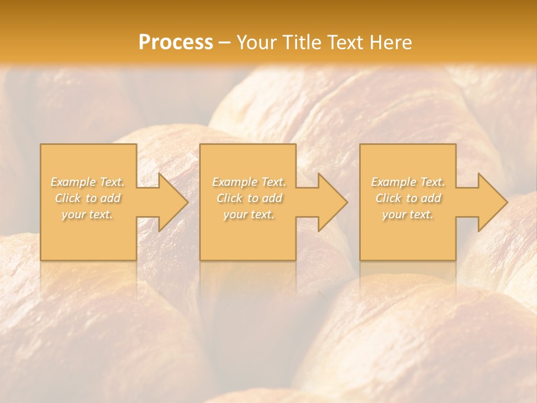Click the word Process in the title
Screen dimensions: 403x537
(176, 43)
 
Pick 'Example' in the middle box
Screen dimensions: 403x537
(233, 182)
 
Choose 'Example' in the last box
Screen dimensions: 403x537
(393, 182)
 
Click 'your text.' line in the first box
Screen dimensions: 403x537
(87, 214)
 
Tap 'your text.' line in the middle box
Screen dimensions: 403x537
(248, 214)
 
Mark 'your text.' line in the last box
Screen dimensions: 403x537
(408, 214)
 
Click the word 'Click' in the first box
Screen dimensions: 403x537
(68, 198)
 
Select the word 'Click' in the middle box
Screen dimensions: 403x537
(229, 198)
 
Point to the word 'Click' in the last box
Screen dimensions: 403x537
(388, 198)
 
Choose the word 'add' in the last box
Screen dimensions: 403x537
(431, 198)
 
